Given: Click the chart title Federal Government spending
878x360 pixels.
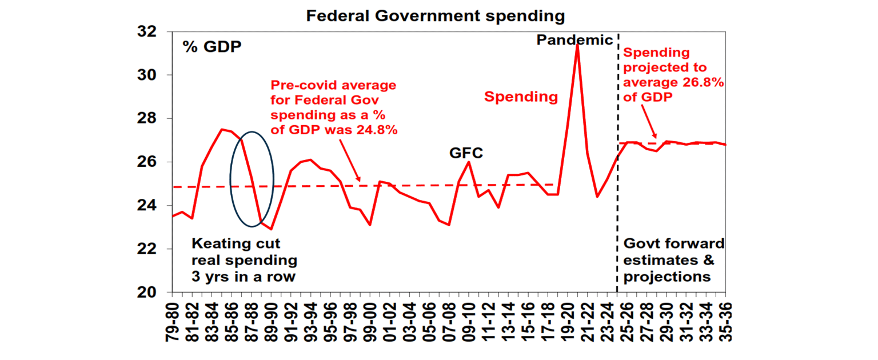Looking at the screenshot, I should pos(435,16).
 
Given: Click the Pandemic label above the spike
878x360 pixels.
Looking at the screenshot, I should pos(574,40).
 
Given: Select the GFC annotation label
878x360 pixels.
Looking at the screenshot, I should pos(466,153).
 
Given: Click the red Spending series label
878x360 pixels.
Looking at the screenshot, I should pos(521,97).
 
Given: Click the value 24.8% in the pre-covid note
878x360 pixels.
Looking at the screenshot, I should pos(374,130).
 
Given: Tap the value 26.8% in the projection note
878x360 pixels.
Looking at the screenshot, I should pos(704,82).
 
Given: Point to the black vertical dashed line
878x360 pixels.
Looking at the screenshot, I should pos(617,229).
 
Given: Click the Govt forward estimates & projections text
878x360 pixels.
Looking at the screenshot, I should pos(673,261).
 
